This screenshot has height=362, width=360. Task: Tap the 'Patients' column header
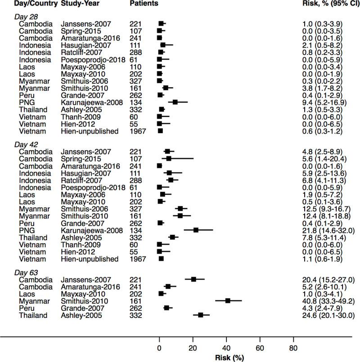144,4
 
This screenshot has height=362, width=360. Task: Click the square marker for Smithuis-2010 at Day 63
228,300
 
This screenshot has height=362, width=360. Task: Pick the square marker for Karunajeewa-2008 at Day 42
196,230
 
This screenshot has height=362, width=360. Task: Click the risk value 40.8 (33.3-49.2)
329,300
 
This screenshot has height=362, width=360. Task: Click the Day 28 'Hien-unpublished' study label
90,131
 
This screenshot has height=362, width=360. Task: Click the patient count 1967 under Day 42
137,259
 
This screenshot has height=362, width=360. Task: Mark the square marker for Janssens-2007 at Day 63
193,279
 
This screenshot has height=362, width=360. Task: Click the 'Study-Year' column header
79,4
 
